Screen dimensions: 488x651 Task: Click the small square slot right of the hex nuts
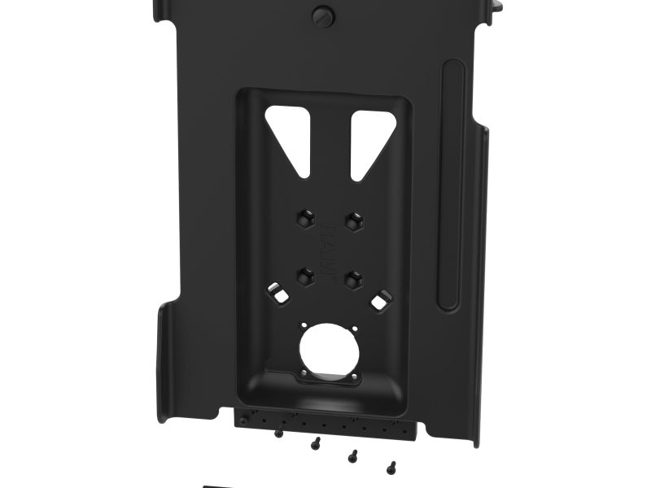[x=379, y=302]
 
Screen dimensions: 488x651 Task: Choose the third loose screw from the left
[x=352, y=455]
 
